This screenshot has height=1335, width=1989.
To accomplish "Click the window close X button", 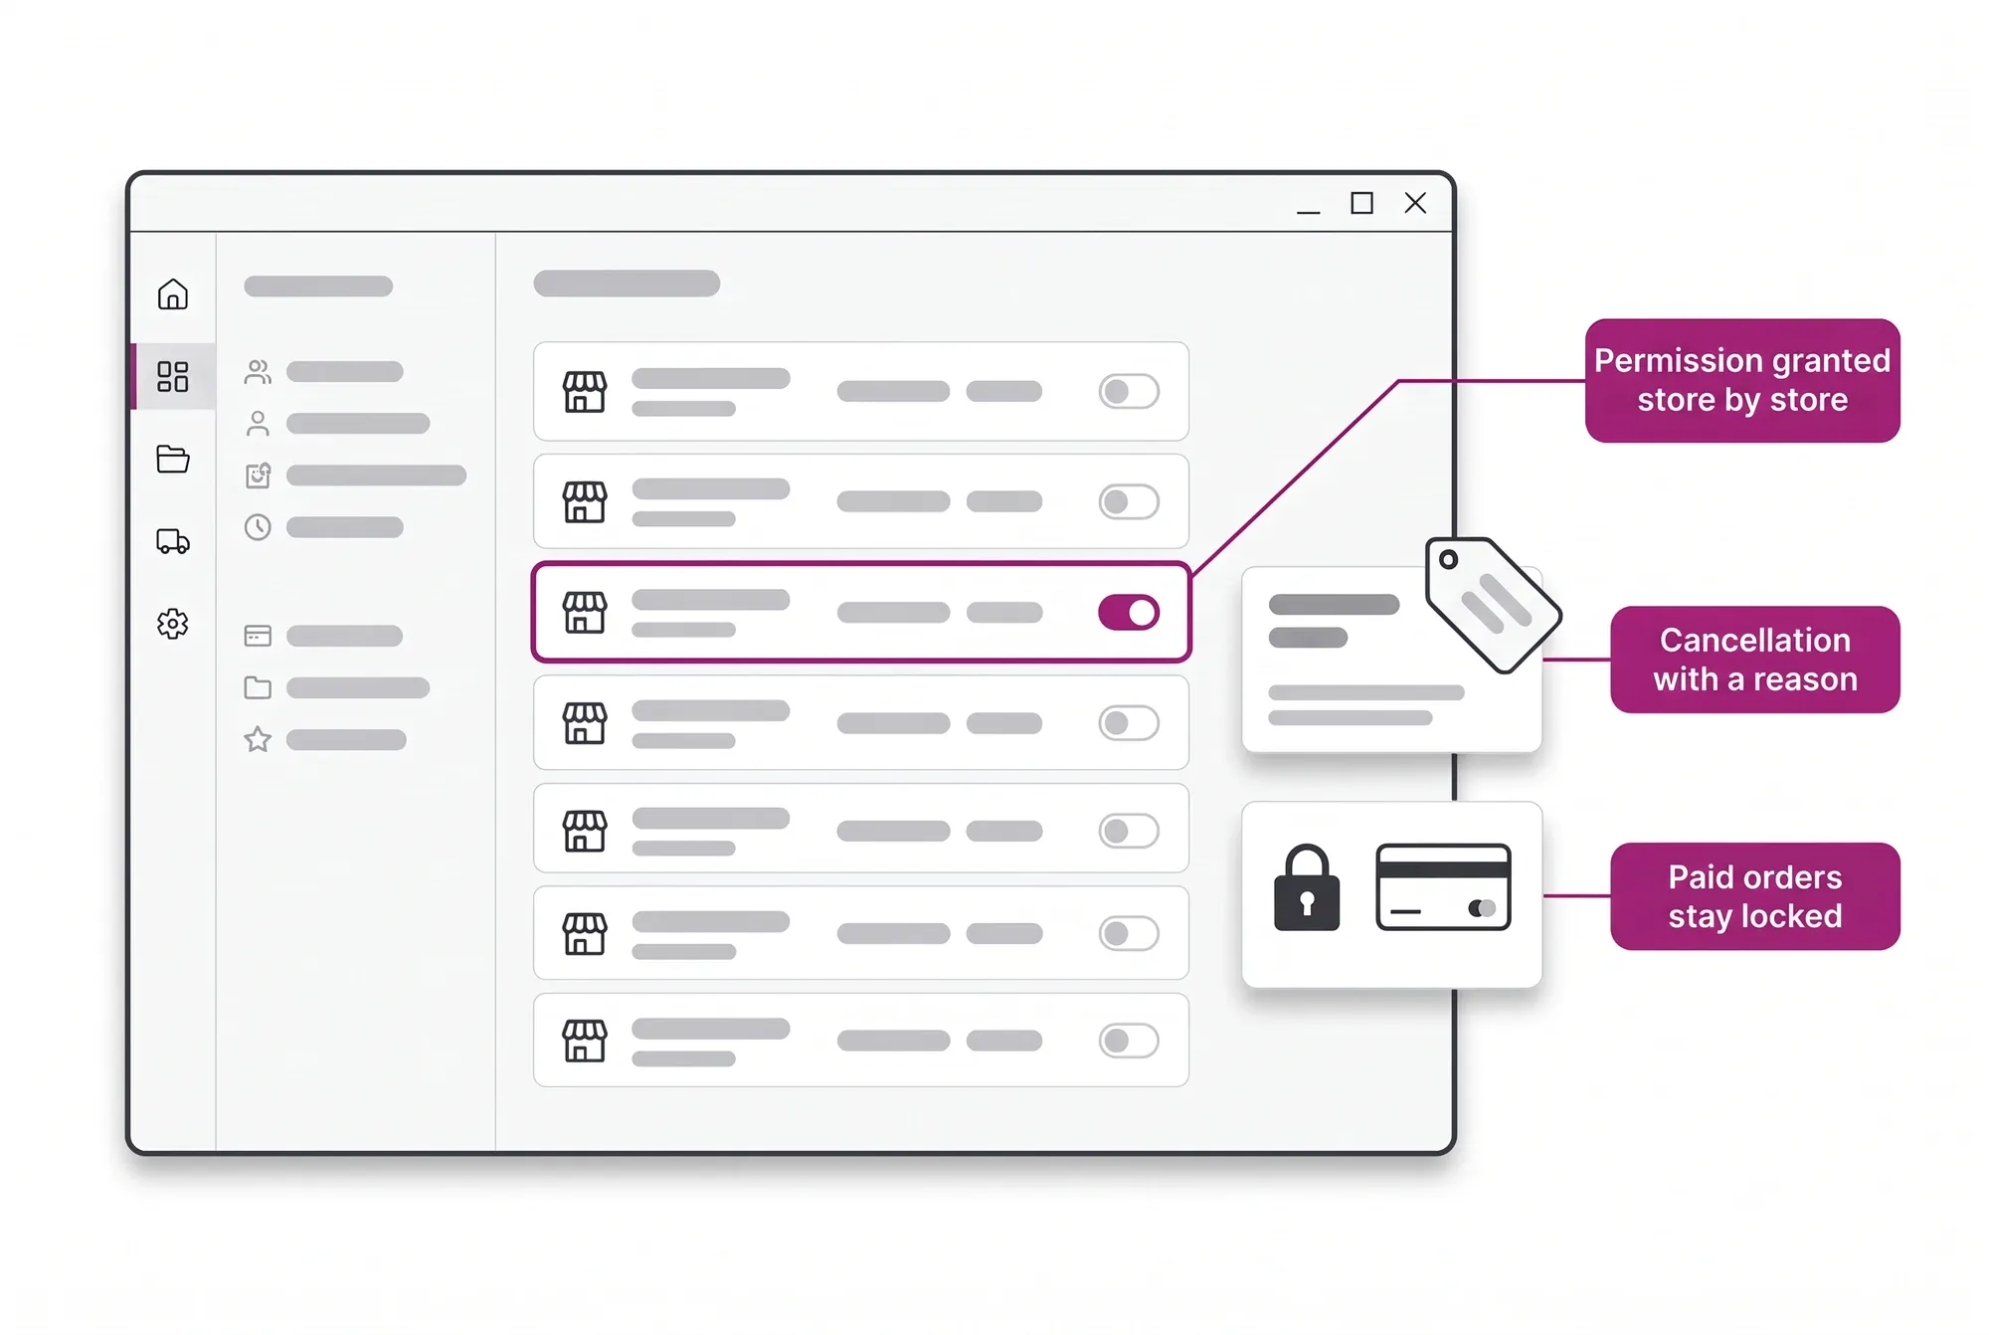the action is point(1415,203).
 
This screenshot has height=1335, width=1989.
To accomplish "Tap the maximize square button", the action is point(1361,203).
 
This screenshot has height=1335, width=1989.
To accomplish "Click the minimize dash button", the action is point(1308,212).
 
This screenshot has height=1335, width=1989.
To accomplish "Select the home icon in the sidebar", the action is point(173,294).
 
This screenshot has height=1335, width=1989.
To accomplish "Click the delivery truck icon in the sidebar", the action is point(173,541).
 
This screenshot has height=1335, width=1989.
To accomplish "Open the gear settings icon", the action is point(173,624).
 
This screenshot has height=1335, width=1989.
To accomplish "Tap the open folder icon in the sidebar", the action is point(173,459).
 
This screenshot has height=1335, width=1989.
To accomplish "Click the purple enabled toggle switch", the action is point(1129,612).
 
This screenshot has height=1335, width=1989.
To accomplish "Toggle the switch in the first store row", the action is point(1129,391).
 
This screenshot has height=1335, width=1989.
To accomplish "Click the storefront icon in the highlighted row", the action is point(585,612).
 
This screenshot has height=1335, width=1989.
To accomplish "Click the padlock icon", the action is point(1307,888).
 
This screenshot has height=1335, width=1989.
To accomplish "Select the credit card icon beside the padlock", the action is point(1443,887).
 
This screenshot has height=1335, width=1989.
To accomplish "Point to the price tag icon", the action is point(1493,605).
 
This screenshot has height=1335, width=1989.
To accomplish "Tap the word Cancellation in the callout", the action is point(1755,640).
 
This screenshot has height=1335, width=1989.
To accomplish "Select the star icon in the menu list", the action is point(258,739).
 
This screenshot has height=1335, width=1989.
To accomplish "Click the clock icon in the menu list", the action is point(258,526).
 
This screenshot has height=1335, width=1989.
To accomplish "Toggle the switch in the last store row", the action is point(1129,1041).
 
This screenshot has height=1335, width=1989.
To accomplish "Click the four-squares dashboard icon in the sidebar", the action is point(173,376).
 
